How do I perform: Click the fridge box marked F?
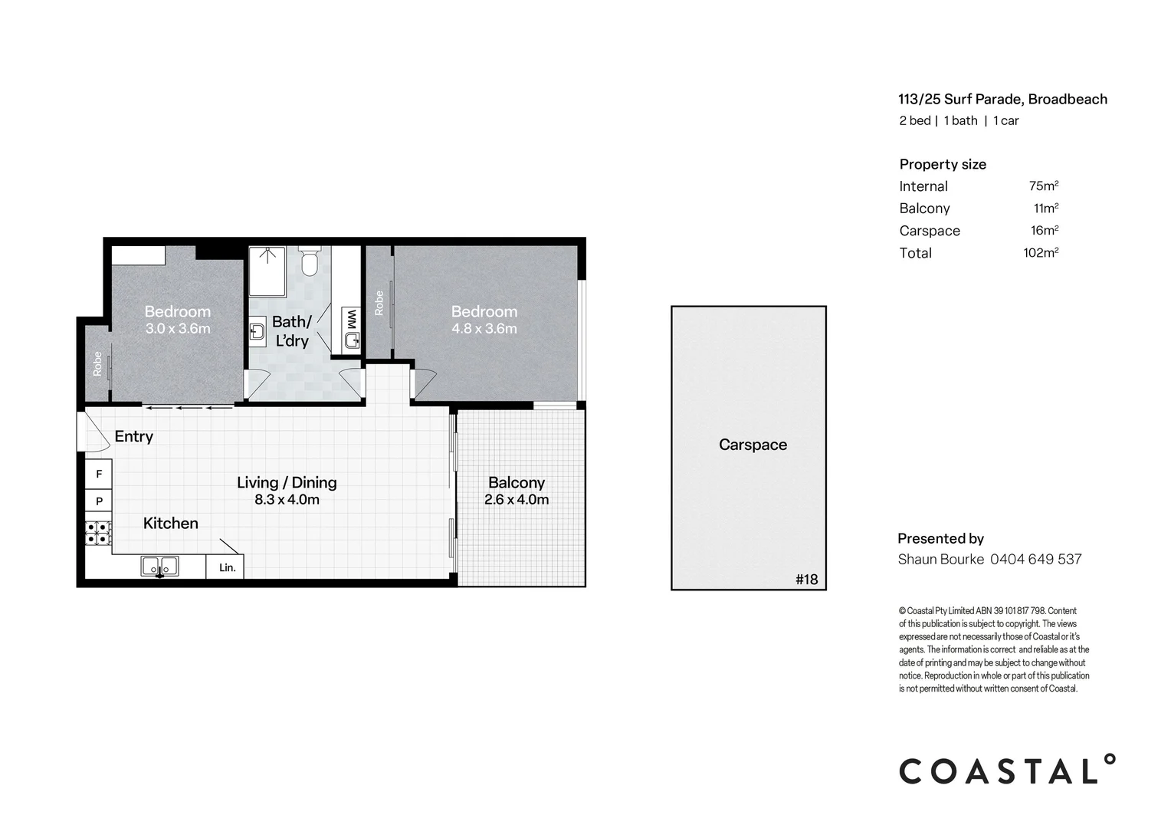point(99,475)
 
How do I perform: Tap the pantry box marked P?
point(99,501)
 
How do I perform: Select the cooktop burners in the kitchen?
point(99,533)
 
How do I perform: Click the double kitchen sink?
point(159,567)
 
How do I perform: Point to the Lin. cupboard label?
point(228,568)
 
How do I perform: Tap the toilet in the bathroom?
point(309,261)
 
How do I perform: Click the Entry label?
point(134,436)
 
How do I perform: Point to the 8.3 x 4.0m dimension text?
point(287,500)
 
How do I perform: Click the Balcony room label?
point(517,482)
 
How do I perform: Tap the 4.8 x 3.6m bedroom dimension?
point(484,329)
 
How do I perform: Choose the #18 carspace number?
point(807,579)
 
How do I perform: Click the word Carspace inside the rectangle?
point(753,445)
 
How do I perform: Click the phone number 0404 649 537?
point(1035,559)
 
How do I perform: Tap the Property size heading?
point(943,164)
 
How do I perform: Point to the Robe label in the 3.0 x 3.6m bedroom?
point(97,364)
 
